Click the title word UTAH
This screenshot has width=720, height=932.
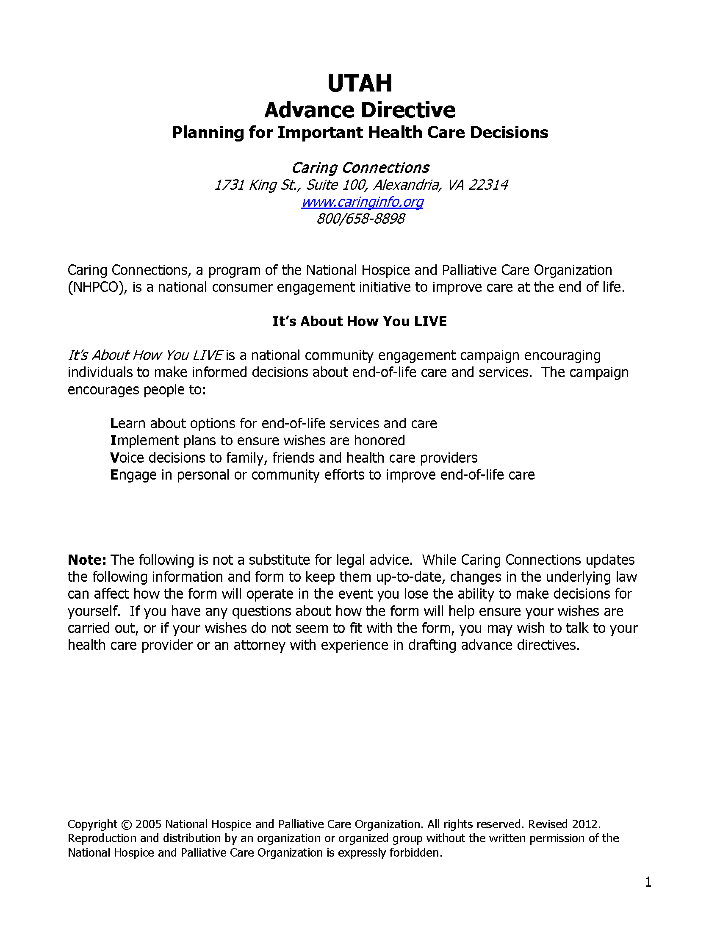[360, 83]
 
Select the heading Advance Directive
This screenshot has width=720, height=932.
[360, 110]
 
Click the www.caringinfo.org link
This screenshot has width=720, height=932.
[362, 201]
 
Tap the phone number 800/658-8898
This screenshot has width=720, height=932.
[360, 219]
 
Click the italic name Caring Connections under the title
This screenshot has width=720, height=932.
[360, 168]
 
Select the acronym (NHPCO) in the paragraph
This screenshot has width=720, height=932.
[97, 287]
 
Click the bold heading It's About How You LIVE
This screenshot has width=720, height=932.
[360, 322]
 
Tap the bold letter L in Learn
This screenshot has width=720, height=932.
[114, 423]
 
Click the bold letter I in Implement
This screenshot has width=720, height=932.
[113, 441]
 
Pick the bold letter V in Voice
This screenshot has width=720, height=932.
[114, 458]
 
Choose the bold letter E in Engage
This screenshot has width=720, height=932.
[114, 474]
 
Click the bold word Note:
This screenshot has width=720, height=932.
[86, 560]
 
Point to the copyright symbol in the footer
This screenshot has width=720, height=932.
[126, 824]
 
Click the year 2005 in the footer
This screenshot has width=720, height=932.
[148, 824]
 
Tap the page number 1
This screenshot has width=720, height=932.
[648, 882]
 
